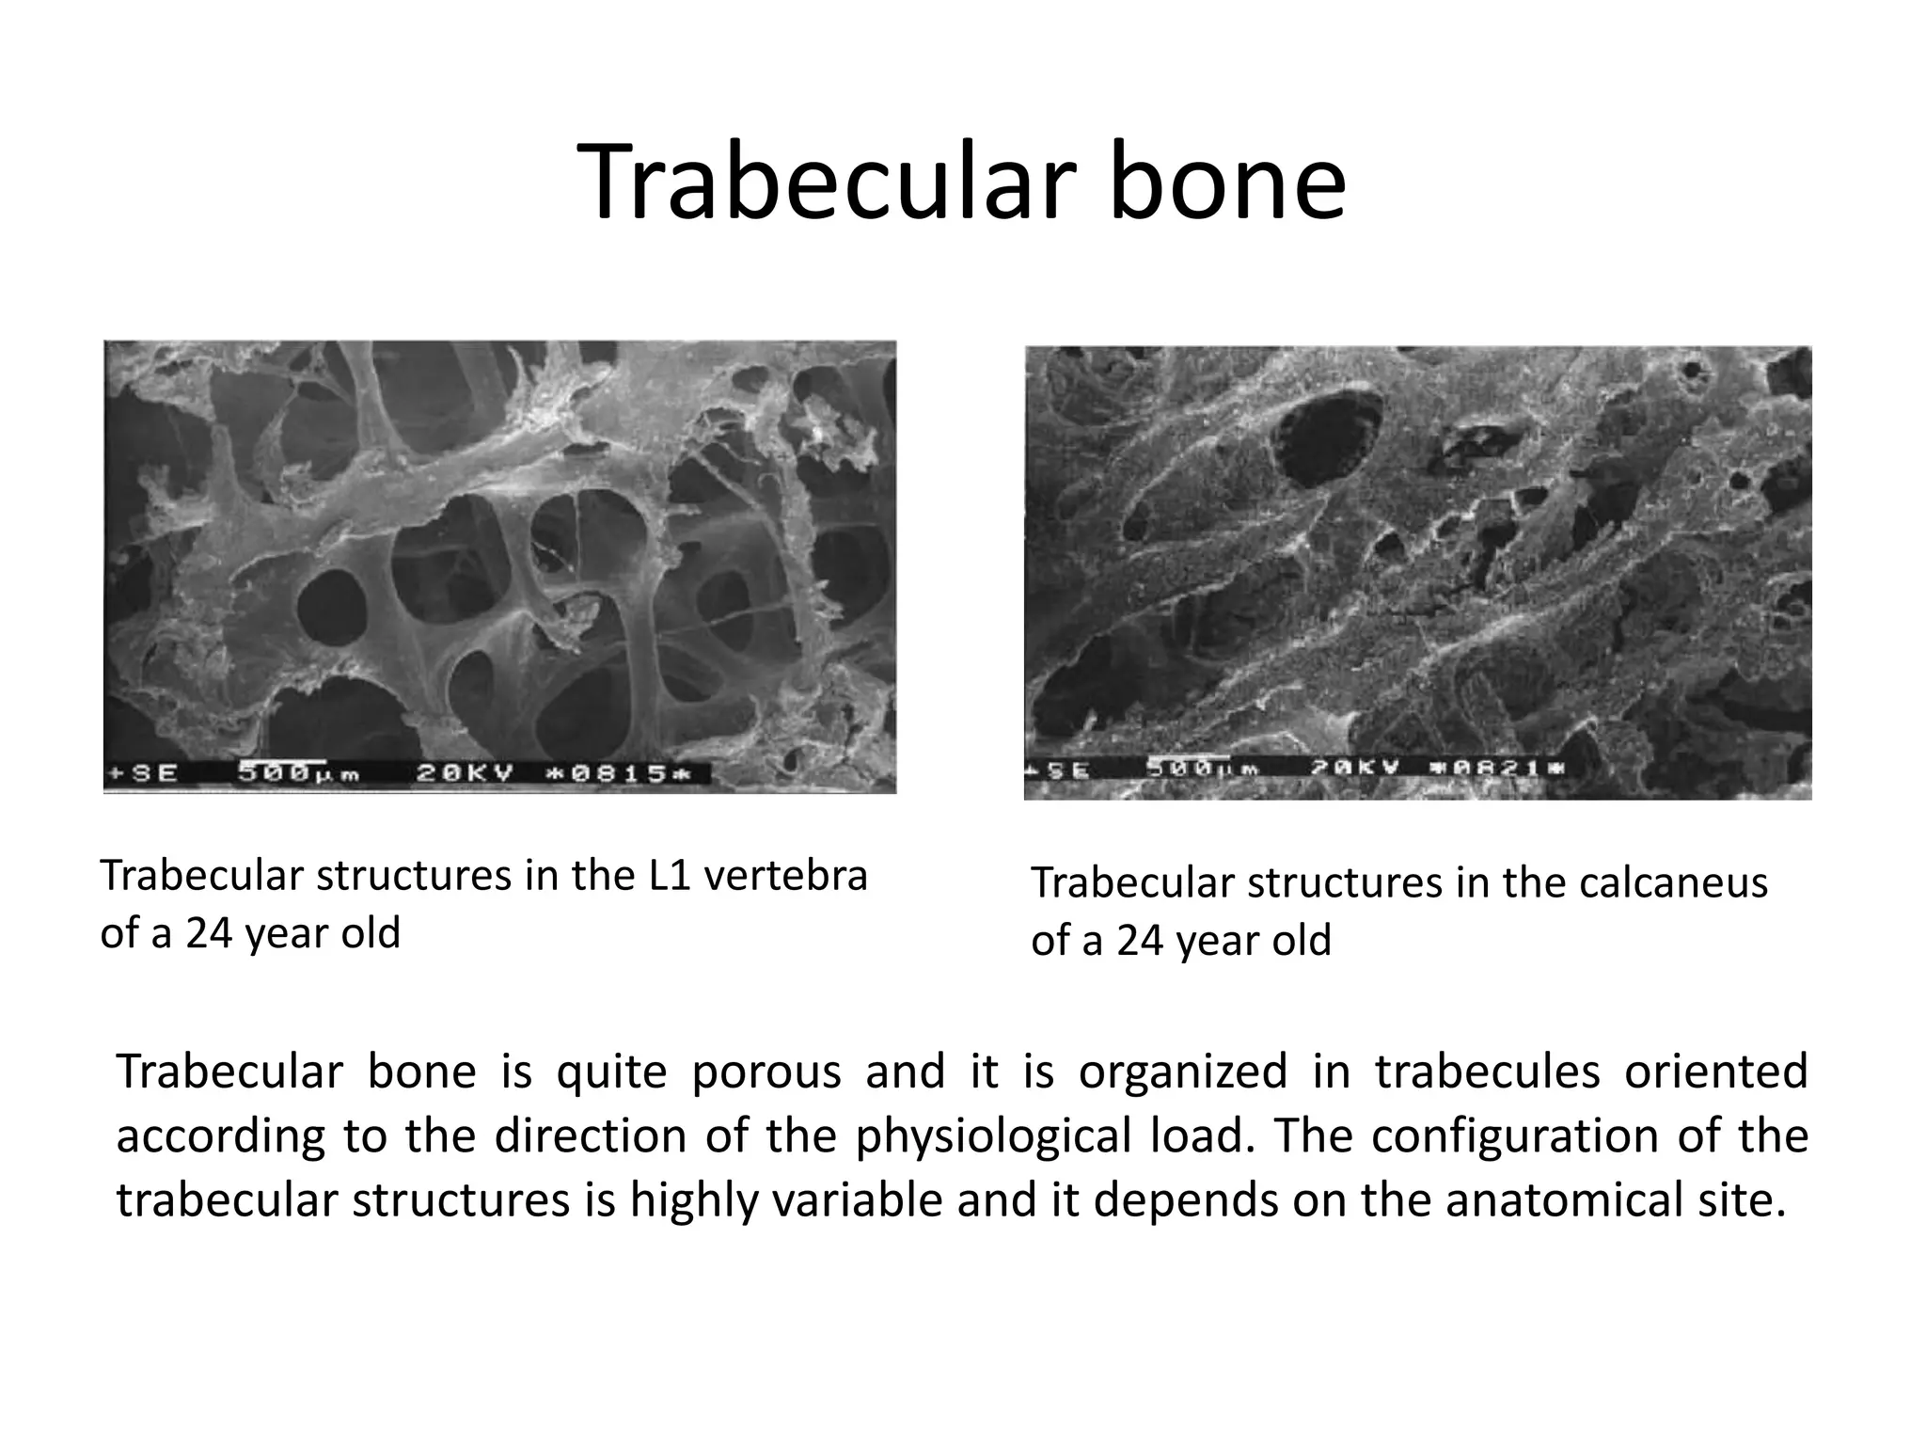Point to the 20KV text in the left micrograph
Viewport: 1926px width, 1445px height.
pyautogui.click(x=466, y=774)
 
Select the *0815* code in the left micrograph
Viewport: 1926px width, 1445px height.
pyautogui.click(x=618, y=774)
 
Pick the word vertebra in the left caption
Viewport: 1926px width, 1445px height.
pyautogui.click(x=785, y=876)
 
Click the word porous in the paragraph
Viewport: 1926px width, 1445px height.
pyautogui.click(x=766, y=1072)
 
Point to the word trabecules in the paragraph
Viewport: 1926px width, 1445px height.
pyautogui.click(x=1487, y=1072)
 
